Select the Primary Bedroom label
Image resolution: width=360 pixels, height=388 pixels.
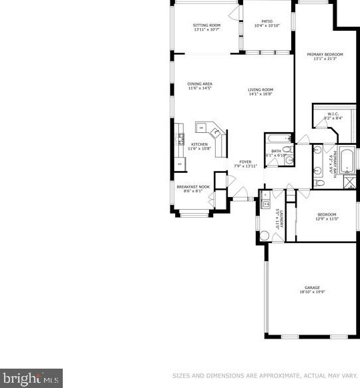pyautogui.click(x=325, y=54)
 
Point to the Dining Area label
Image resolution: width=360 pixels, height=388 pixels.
pyautogui.click(x=199, y=83)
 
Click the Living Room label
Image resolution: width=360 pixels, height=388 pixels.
pyautogui.click(x=260, y=89)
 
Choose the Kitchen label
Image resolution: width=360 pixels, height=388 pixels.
pyautogui.click(x=199, y=144)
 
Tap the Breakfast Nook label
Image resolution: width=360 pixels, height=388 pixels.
pyautogui.click(x=193, y=187)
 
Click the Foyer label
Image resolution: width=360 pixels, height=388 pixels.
pyautogui.click(x=246, y=162)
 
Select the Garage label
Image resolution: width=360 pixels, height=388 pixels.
pyautogui.click(x=313, y=288)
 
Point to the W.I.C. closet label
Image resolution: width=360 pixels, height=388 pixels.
pyautogui.click(x=334, y=114)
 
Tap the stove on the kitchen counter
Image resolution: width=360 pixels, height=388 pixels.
pyautogui.click(x=180, y=139)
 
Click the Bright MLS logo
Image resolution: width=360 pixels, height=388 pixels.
pyautogui.click(x=31, y=379)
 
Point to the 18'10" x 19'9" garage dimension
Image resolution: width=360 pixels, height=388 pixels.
pyautogui.click(x=313, y=292)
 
